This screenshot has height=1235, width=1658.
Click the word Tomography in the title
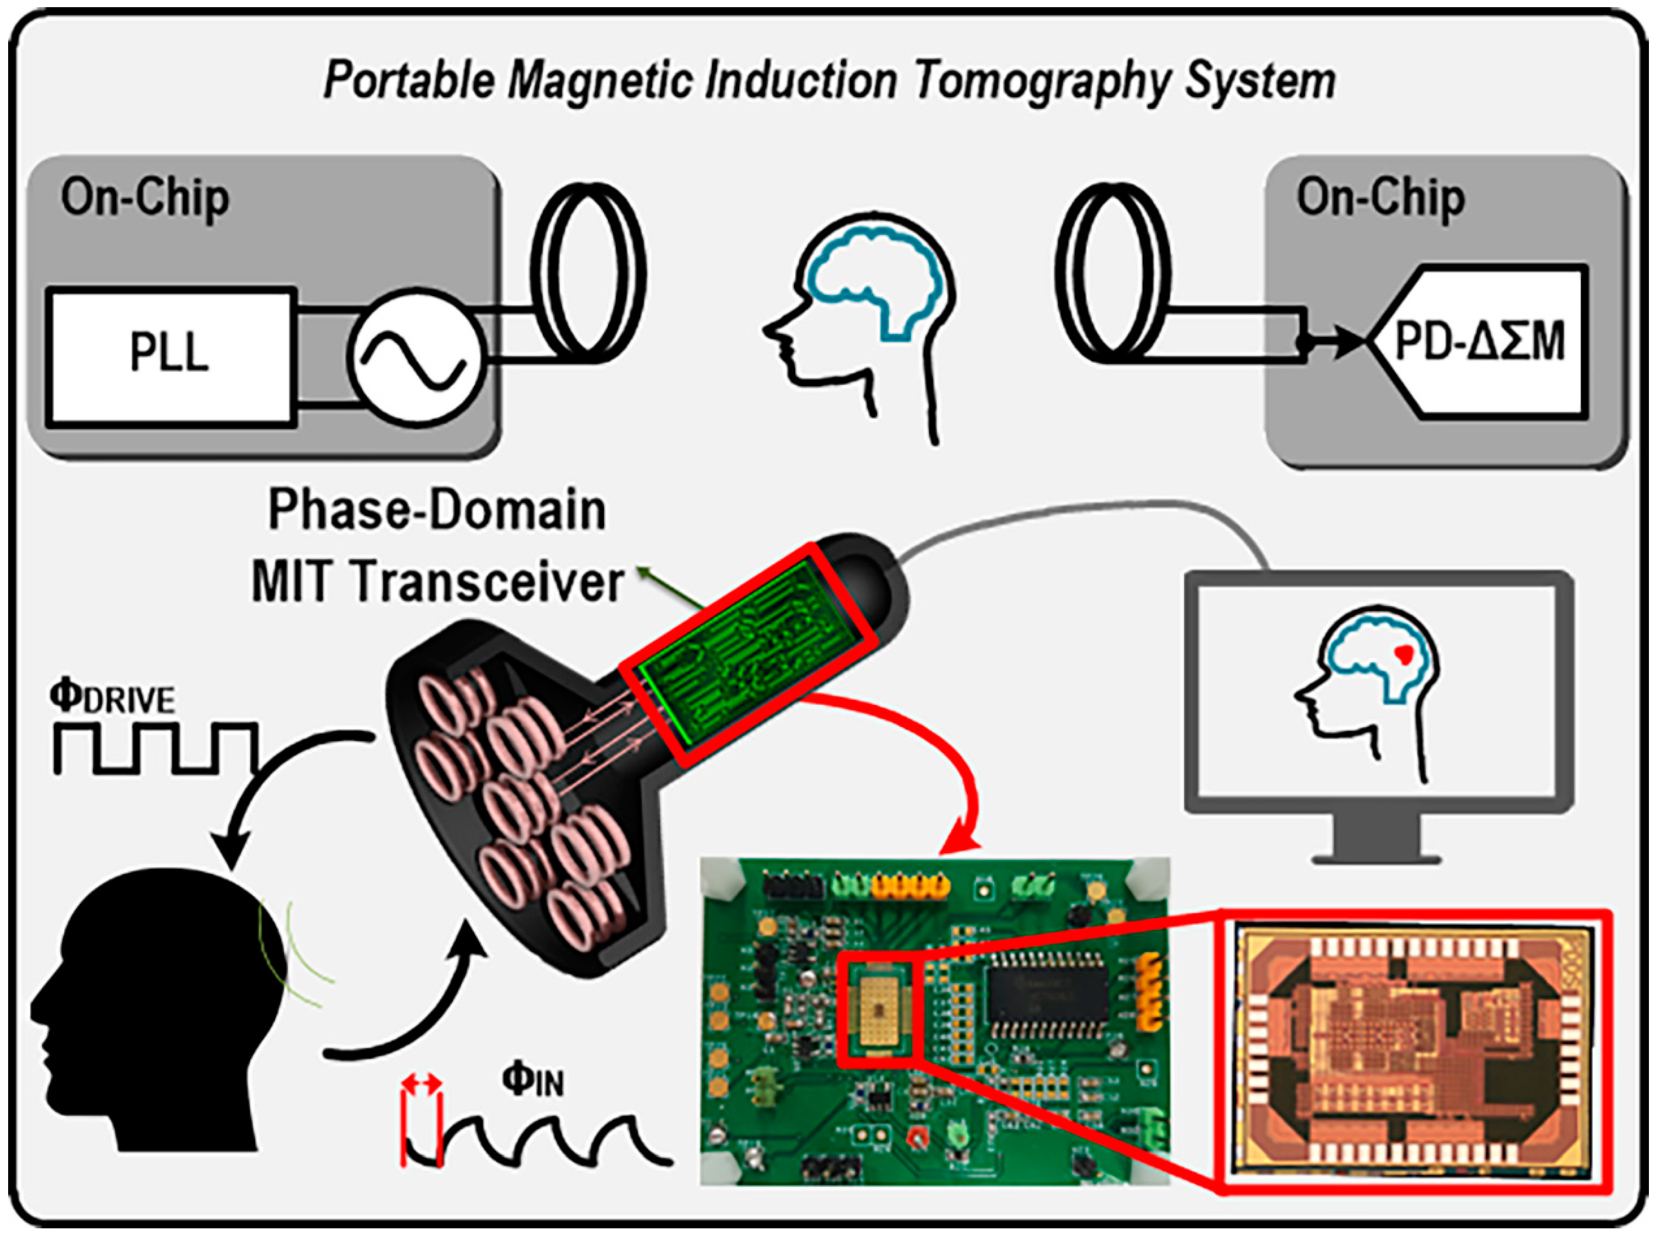[1041, 81]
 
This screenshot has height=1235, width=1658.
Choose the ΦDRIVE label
[112, 697]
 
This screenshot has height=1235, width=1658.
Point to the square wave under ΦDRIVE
[155, 747]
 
